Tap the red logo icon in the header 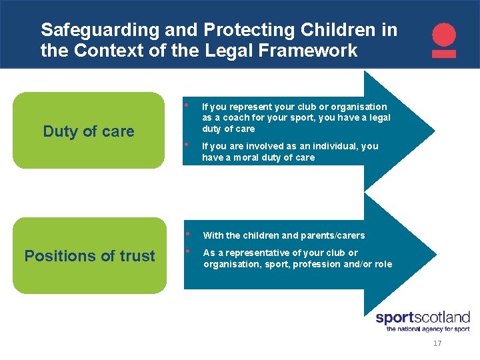tap(444, 40)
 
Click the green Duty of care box tap(89, 131)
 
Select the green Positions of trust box tap(89, 255)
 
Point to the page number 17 tap(437, 343)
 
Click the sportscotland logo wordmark tap(423, 317)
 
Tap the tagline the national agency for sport tap(427, 329)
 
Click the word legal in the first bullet tap(378, 118)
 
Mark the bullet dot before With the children tap(189, 234)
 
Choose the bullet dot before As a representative tap(189, 251)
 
